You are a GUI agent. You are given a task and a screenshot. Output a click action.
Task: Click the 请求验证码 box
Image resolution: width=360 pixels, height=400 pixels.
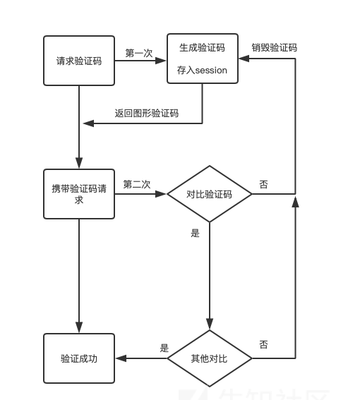78,61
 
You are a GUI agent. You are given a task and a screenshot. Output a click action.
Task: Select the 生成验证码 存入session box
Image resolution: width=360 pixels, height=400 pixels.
202,59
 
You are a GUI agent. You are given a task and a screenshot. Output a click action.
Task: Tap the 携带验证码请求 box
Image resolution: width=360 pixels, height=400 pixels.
78,194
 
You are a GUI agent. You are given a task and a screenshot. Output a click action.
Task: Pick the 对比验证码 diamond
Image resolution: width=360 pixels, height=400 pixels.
209,194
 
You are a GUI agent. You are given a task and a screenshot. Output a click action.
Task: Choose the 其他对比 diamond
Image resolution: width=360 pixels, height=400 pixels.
209,358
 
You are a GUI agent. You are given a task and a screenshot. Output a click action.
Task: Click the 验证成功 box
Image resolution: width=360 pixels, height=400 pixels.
78,358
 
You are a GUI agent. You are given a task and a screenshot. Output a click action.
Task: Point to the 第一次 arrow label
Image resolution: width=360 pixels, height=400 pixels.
139,53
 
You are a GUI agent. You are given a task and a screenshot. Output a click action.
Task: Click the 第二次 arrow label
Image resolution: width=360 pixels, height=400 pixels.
137,184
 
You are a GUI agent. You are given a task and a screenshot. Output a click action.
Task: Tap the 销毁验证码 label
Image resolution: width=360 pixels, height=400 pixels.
275,48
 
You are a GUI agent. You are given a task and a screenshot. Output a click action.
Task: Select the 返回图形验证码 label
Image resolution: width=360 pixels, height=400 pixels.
147,113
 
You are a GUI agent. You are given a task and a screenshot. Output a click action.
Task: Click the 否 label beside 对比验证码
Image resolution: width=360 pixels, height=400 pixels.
264,184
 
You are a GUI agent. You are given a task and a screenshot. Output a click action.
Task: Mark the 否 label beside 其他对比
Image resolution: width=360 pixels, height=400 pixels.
264,344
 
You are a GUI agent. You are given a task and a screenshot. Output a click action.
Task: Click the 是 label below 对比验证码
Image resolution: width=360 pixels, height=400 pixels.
196,233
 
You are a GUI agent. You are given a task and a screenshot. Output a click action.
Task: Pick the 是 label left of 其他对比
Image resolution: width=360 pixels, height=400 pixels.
164,348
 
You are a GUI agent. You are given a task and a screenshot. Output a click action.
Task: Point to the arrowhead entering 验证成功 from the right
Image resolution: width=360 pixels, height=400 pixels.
120,358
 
